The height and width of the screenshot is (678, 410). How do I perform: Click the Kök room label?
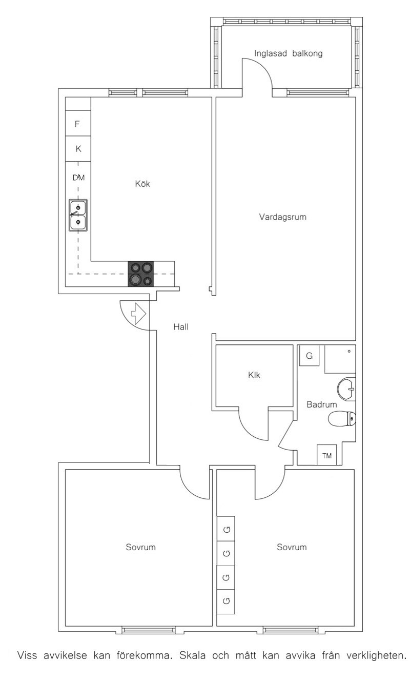pyautogui.click(x=142, y=184)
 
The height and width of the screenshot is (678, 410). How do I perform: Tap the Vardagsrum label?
pyautogui.click(x=282, y=217)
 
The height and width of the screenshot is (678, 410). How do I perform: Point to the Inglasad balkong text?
pyautogui.click(x=288, y=53)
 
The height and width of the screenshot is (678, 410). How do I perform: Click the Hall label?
pyautogui.click(x=181, y=327)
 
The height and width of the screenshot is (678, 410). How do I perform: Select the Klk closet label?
pyautogui.click(x=254, y=375)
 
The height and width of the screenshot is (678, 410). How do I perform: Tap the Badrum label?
pyautogui.click(x=321, y=404)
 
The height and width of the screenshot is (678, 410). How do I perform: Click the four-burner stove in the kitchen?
pyautogui.click(x=140, y=274)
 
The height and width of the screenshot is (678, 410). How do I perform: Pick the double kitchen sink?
pyautogui.click(x=78, y=215)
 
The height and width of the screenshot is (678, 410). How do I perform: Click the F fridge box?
pyautogui.click(x=78, y=123)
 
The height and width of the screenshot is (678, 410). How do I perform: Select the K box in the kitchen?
pyautogui.click(x=78, y=149)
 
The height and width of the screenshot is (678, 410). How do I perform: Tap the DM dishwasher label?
pyautogui.click(x=78, y=178)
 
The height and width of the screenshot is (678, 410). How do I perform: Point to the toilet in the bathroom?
pyautogui.click(x=342, y=419)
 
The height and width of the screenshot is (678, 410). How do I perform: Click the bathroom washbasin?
pyautogui.click(x=346, y=389)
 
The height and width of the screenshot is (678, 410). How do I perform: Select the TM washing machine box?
pyautogui.click(x=326, y=455)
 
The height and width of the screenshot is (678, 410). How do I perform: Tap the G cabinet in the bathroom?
pyautogui.click(x=309, y=356)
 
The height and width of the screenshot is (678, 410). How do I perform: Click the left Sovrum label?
pyautogui.click(x=140, y=547)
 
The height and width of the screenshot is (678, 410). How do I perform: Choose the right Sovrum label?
pyautogui.click(x=292, y=547)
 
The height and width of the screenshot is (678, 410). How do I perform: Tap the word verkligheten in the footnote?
pyautogui.click(x=376, y=656)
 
